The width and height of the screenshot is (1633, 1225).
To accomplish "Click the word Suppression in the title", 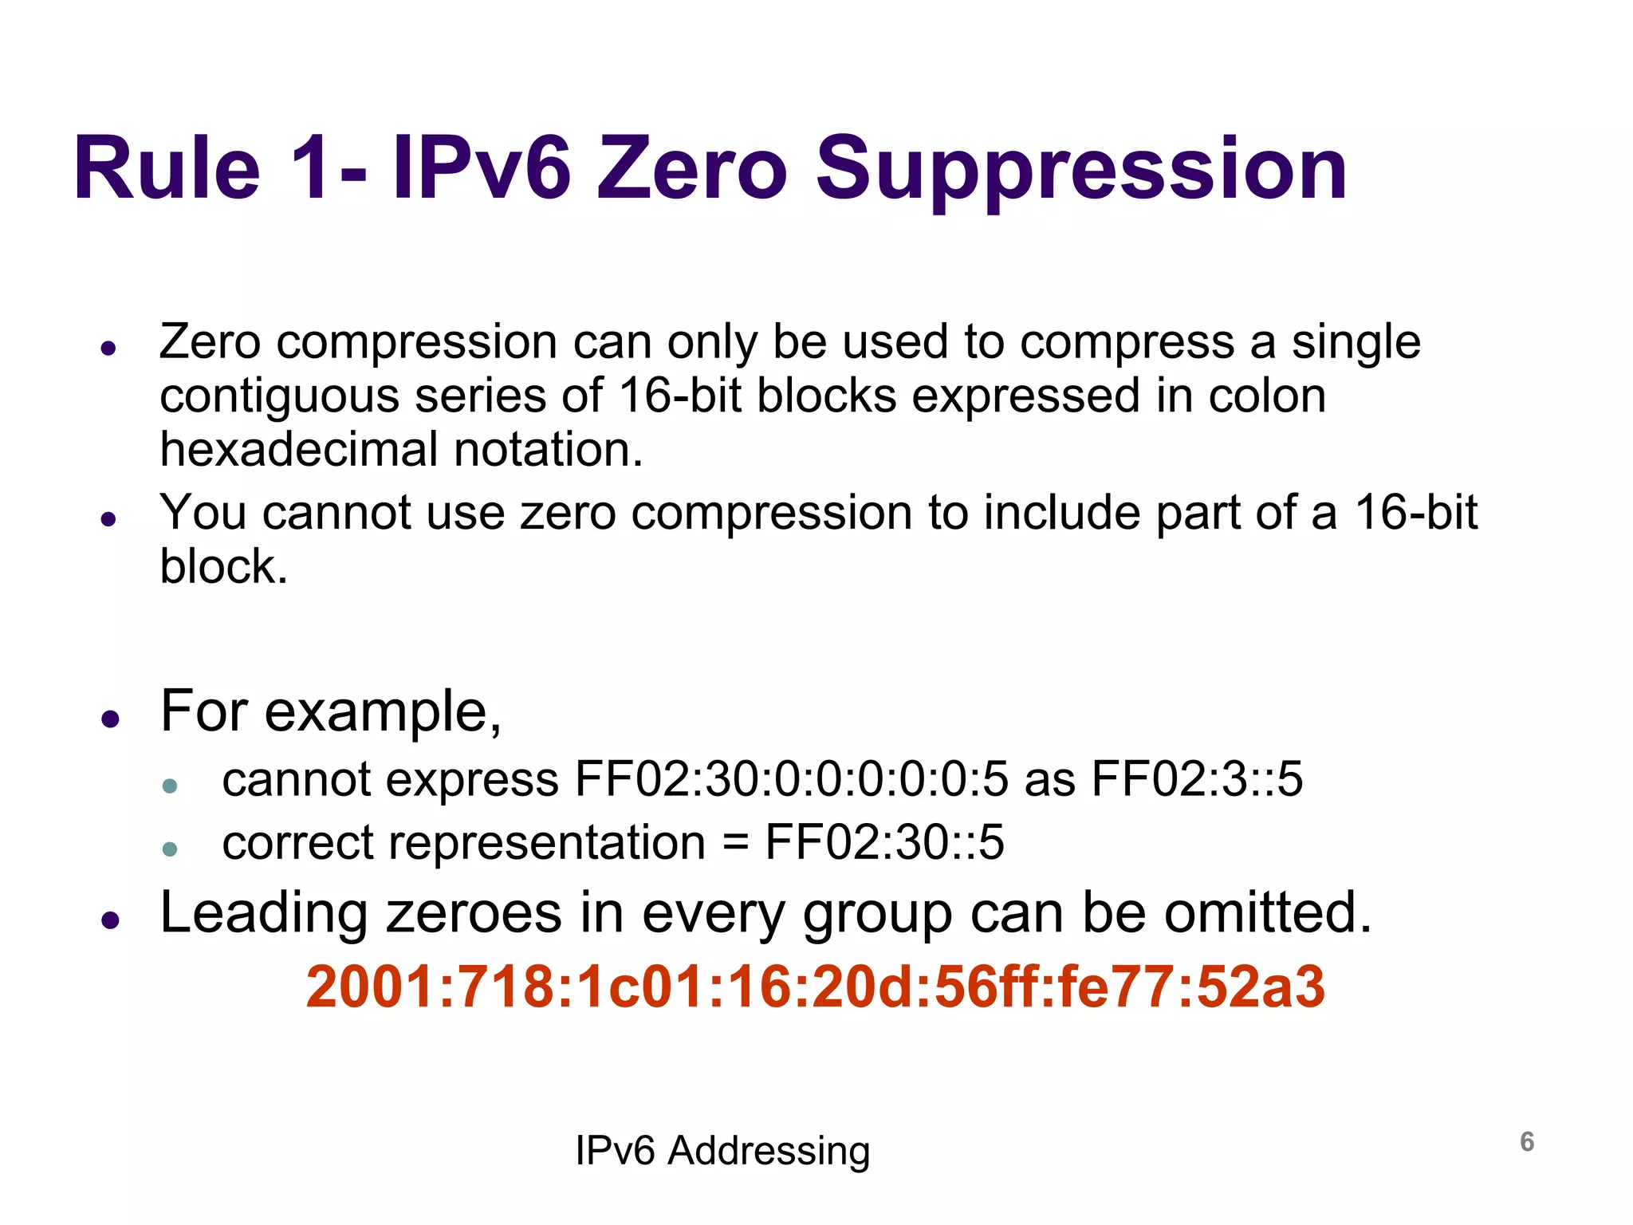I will pyautogui.click(x=1080, y=169).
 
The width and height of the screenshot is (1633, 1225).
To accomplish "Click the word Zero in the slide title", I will pyautogui.click(x=692, y=169).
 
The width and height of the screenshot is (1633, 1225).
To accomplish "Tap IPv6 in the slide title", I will pyautogui.click(x=482, y=169).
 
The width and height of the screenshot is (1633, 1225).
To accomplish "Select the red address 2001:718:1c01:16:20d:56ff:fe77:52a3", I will pyautogui.click(x=815, y=987).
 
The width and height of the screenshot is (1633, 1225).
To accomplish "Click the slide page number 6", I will pyautogui.click(x=1526, y=1142).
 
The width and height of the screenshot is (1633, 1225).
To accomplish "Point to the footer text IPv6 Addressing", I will pyautogui.click(x=722, y=1151).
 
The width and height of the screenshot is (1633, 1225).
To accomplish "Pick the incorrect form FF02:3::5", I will pyautogui.click(x=1197, y=779).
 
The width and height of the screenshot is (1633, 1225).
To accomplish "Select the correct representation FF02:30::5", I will pyautogui.click(x=884, y=843).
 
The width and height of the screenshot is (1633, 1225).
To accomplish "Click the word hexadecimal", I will pyautogui.click(x=299, y=450).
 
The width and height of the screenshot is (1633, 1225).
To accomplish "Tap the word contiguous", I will pyautogui.click(x=279, y=396).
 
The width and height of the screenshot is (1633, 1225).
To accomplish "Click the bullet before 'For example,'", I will pyautogui.click(x=110, y=719).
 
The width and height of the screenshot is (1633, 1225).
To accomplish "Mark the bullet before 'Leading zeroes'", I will pyautogui.click(x=110, y=920).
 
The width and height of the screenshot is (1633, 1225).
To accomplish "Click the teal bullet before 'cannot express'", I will pyautogui.click(x=169, y=786).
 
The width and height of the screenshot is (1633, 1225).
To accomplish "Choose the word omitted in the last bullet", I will pyautogui.click(x=1267, y=912).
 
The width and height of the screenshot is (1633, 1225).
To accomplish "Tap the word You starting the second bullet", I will pyautogui.click(x=203, y=512).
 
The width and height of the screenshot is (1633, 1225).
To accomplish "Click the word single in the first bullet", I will pyautogui.click(x=1356, y=342).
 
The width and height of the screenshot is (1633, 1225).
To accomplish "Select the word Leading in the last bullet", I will pyautogui.click(x=264, y=912).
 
